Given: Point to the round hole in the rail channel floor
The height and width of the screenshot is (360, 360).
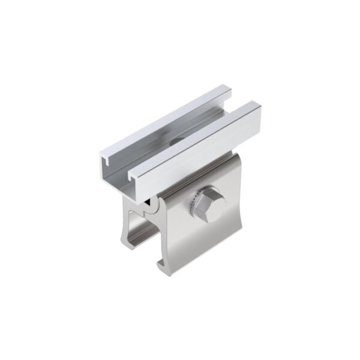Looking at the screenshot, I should click(176, 142).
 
